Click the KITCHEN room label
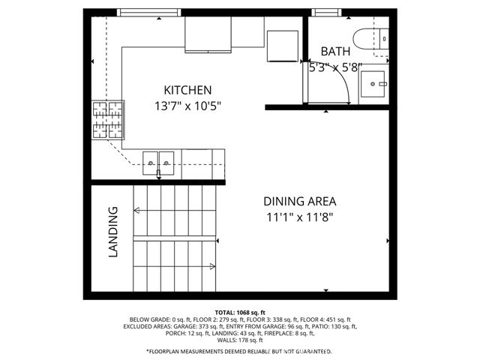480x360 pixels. [187, 90]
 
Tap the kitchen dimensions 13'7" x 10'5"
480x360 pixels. [187, 106]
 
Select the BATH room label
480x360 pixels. [335, 52]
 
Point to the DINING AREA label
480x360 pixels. [300, 202]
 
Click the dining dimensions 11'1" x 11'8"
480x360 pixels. [300, 217]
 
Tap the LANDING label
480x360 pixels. [113, 232]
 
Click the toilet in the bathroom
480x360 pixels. [370, 39]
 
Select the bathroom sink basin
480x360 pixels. [373, 84]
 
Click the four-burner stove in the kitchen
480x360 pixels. [108, 120]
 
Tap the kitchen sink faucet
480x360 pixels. [158, 174]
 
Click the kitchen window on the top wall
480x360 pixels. [149, 13]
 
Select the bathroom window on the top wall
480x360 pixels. [327, 13]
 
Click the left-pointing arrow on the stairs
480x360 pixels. [136, 210]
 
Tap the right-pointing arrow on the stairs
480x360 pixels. [212, 266]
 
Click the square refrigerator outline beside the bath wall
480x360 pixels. [283, 46]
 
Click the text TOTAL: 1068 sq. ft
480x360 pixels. [240, 313]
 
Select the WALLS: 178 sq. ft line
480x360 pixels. [240, 340]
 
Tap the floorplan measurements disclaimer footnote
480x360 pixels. [239, 351]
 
